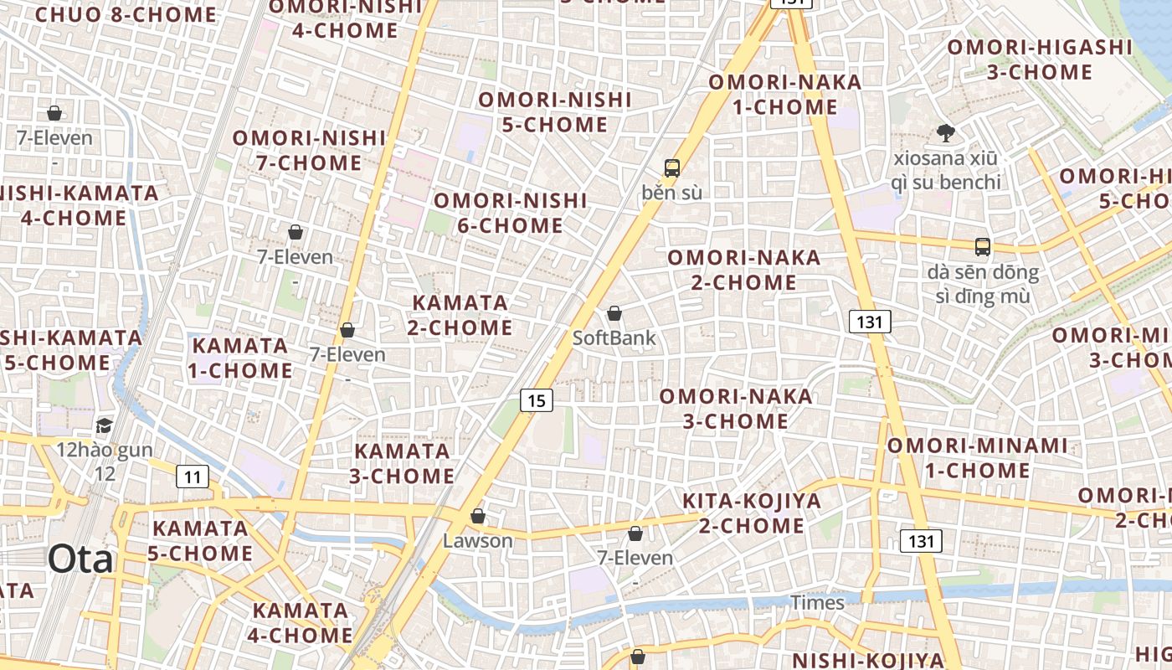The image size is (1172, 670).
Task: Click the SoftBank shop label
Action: tap(614, 338)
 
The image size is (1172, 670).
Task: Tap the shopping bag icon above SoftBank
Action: tap(614, 313)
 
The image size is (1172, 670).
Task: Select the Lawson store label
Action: tap(477, 541)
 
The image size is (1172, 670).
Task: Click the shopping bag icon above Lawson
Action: tap(478, 516)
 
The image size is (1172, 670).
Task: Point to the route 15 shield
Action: tap(537, 400)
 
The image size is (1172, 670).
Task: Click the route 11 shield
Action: tap(193, 477)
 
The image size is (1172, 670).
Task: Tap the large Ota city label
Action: tap(80, 559)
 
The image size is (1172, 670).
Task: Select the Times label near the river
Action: tap(817, 603)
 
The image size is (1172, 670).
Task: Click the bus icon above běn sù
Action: tap(671, 167)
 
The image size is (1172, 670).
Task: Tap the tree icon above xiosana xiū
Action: tap(946, 132)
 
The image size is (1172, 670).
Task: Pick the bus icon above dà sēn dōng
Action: tap(983, 247)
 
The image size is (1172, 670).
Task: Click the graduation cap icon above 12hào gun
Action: tap(104, 426)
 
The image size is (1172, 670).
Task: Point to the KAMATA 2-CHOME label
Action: tap(460, 315)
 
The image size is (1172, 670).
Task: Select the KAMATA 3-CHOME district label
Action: tap(404, 464)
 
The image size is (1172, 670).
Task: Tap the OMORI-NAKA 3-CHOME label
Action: tap(736, 409)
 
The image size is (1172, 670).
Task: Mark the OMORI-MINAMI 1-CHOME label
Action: tap(978, 458)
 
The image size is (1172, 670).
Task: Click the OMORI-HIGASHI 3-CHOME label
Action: tap(1040, 59)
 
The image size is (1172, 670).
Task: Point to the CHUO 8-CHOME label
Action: tap(126, 14)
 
